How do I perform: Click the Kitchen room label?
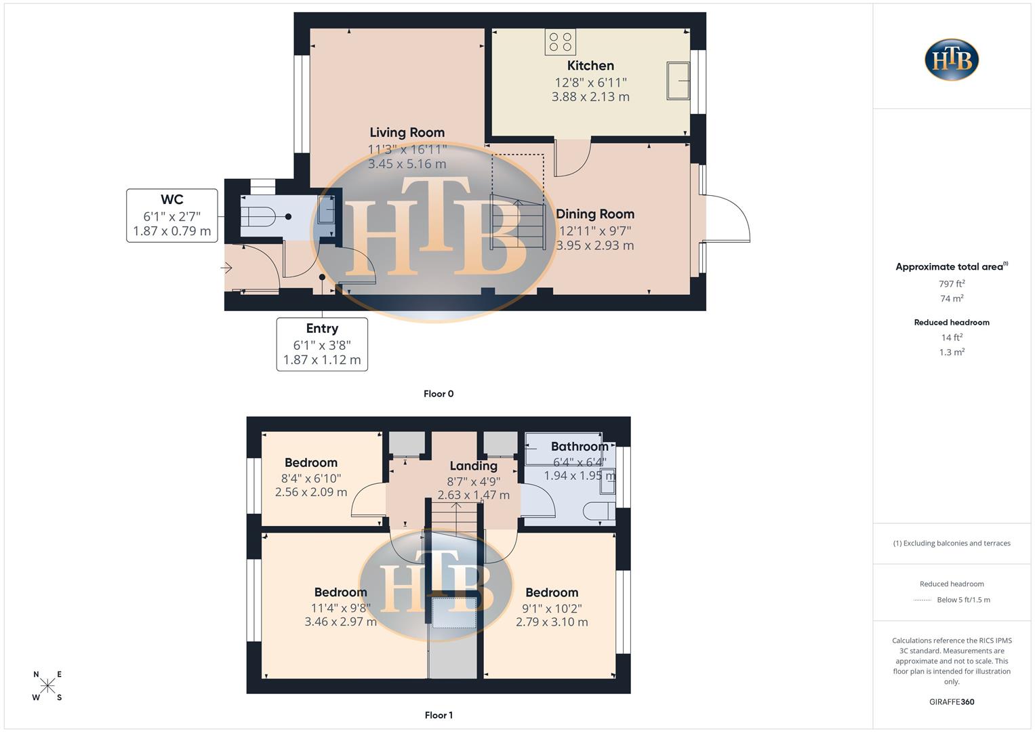click(590, 66)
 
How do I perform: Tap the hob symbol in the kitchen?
click(561, 42)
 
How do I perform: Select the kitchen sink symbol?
click(678, 81)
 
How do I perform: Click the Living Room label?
click(407, 133)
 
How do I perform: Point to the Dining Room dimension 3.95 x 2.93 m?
click(595, 245)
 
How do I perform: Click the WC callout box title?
click(171, 200)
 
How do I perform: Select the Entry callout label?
click(322, 329)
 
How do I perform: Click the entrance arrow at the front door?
click(227, 268)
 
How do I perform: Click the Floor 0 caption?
click(439, 394)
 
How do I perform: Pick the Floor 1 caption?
click(439, 715)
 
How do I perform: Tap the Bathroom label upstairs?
click(580, 447)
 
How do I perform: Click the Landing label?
click(473, 466)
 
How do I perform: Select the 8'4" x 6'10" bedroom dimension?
click(311, 479)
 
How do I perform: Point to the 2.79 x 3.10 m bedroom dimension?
click(552, 622)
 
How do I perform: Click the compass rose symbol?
click(47, 686)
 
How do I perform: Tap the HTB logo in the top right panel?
click(952, 60)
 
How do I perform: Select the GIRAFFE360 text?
click(952, 702)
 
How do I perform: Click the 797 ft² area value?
click(952, 284)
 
